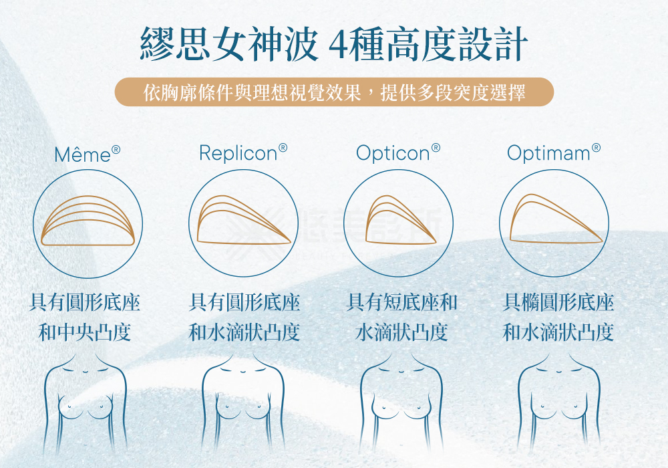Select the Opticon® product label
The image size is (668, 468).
[398, 153]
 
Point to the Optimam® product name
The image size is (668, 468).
[554, 153]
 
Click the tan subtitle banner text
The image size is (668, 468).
[334, 92]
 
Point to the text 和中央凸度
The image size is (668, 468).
[85, 332]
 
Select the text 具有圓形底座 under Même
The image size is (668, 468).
[85, 303]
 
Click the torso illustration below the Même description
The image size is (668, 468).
[86, 408]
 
